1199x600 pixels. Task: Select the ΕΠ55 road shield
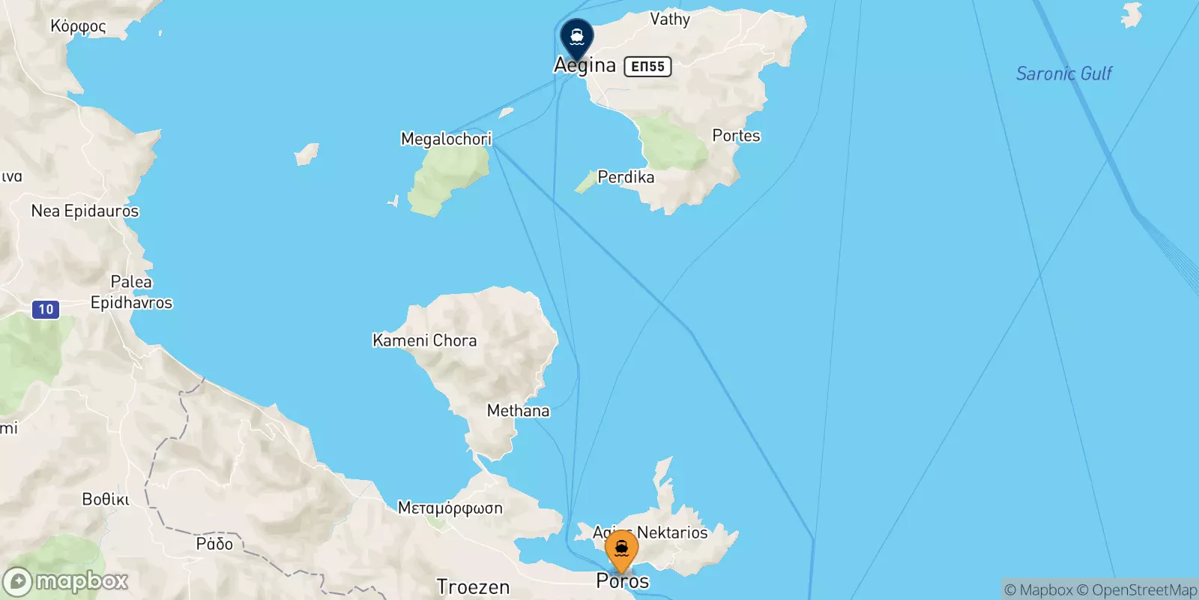coord(647,67)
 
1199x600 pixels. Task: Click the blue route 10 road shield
coord(46,309)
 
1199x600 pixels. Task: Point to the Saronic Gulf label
coord(1063,73)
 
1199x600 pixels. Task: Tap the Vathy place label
coord(669,19)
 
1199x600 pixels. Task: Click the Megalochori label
coord(446,139)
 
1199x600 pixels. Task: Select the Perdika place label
coord(626,177)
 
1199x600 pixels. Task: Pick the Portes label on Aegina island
coord(736,136)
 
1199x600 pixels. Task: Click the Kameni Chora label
coord(424,340)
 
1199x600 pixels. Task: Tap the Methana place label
coord(518,411)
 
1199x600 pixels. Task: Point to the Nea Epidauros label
coord(85,211)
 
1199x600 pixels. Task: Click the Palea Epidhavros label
coord(131,292)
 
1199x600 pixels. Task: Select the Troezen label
coord(473,586)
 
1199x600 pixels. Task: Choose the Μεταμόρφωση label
coord(450,508)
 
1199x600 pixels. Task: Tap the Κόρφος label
coord(78,26)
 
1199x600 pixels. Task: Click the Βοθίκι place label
coord(106,499)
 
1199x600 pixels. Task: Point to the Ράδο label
coord(214,544)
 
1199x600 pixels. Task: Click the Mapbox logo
coord(66,581)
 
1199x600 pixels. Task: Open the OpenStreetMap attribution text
coord(1137,590)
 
